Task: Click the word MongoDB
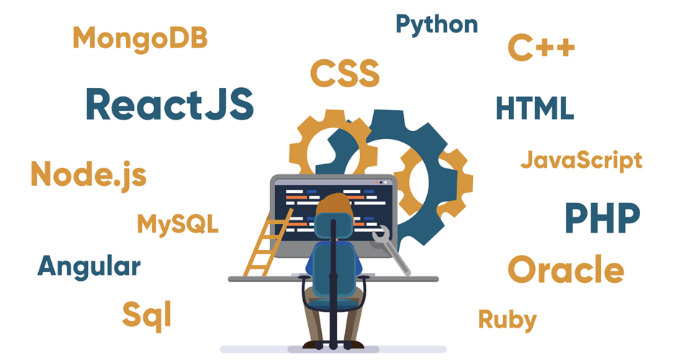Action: [x=140, y=39]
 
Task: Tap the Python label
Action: [x=436, y=24]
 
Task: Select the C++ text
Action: [x=541, y=47]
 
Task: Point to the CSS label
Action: [x=345, y=73]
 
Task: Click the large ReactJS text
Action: [x=170, y=104]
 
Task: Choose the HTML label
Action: [x=535, y=108]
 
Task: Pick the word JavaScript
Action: [x=581, y=161]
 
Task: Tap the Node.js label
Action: [x=89, y=175]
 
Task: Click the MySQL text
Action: [x=178, y=224]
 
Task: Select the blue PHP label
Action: [x=602, y=218]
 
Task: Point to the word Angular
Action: [x=89, y=267]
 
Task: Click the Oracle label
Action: [x=566, y=269]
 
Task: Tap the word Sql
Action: [x=147, y=315]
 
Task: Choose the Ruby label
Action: [x=507, y=320]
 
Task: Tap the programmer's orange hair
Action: [x=334, y=204]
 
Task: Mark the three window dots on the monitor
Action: [x=381, y=183]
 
